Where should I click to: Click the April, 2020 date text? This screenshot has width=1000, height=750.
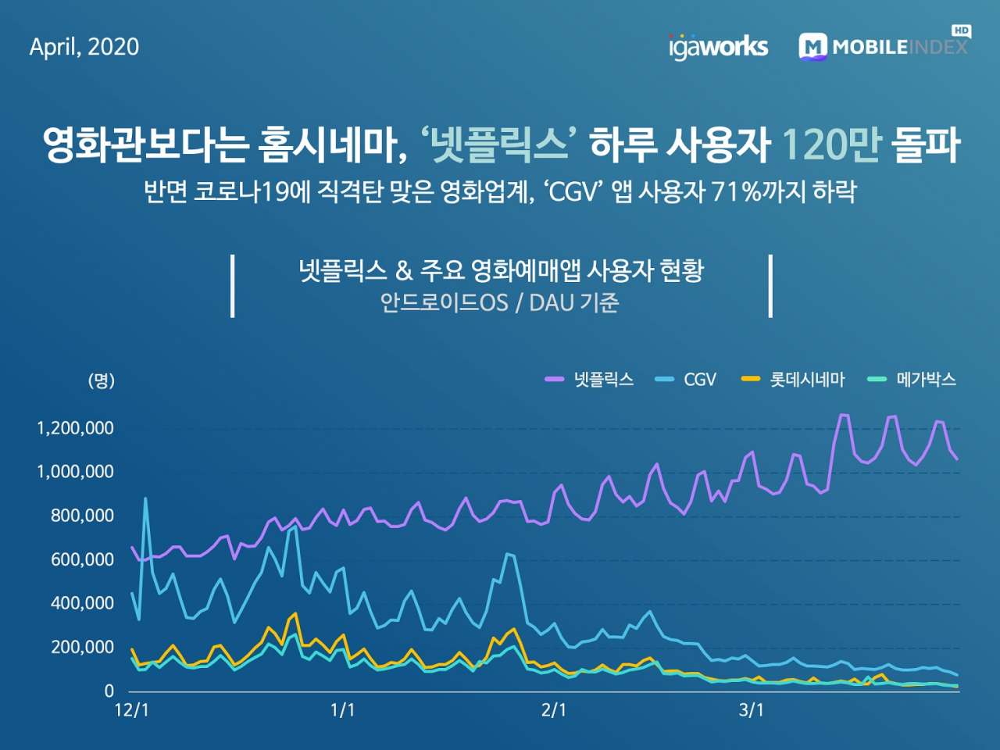tap(84, 47)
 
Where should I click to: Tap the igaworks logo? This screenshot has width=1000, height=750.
tap(718, 47)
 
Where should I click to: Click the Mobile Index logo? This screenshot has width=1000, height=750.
tap(883, 47)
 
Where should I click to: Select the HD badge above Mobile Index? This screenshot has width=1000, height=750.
tap(961, 30)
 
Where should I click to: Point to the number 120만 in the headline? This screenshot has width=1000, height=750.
tap(830, 145)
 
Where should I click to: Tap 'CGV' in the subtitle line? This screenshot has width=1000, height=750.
tap(573, 191)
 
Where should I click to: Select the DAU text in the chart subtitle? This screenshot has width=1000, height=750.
tap(552, 303)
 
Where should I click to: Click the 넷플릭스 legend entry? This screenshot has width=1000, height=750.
tap(590, 380)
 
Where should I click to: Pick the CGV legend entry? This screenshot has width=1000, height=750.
tap(687, 380)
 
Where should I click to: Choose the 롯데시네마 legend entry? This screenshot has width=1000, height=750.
tap(794, 380)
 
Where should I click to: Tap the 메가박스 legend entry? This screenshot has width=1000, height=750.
tap(912, 380)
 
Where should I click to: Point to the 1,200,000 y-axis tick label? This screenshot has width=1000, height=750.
tap(75, 428)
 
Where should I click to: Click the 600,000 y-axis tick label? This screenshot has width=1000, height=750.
tap(82, 559)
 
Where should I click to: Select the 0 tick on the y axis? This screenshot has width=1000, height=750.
tap(109, 691)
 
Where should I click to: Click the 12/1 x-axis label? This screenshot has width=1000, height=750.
tap(131, 710)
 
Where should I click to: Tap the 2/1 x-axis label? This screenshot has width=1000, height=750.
tap(554, 710)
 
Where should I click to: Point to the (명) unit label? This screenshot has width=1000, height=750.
tap(102, 380)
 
